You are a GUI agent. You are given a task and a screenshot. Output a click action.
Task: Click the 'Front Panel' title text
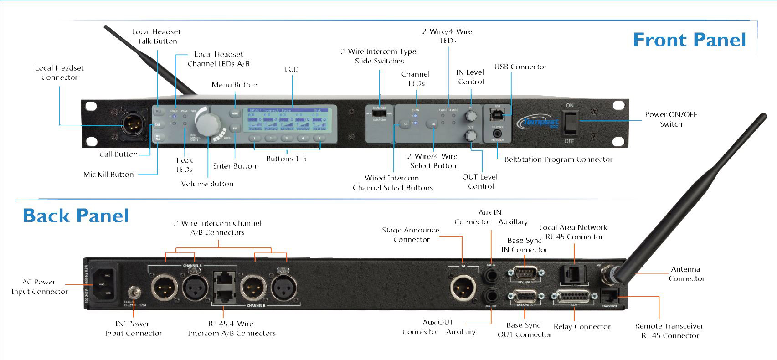coord(689,40)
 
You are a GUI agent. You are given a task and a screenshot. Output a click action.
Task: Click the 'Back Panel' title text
coord(76,216)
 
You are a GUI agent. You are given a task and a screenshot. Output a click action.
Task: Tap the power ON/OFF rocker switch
coord(570,123)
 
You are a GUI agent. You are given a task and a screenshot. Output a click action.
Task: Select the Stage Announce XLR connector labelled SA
coord(463,288)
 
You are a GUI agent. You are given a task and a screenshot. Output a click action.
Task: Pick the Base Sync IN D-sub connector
coord(525,274)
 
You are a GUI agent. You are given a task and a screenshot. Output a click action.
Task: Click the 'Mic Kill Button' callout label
coord(108,174)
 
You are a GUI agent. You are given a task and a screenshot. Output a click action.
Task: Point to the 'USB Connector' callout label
coord(520,67)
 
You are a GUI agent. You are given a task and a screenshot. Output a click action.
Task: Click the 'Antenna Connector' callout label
coord(686,274)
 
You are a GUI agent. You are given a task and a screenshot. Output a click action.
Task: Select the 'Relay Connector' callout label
coord(582,327)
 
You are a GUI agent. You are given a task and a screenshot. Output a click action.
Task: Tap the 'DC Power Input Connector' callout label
coord(133,329)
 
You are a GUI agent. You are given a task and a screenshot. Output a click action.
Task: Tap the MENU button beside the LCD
coord(235,113)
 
